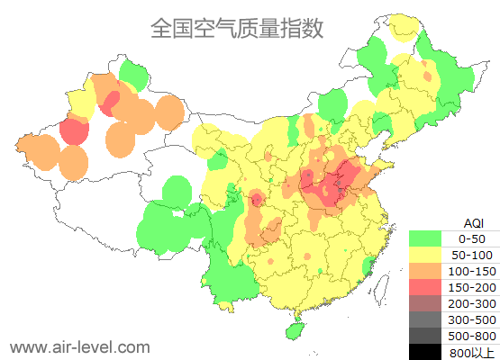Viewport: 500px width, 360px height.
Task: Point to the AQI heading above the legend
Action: tap(473, 222)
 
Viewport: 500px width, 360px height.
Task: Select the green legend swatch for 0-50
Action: tap(424, 238)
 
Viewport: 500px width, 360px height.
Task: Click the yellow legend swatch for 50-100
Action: tap(424, 255)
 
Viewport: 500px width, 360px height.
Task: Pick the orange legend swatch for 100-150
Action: tap(424, 271)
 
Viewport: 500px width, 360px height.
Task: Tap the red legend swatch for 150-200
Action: tap(424, 287)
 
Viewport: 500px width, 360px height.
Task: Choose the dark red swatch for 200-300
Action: tap(424, 303)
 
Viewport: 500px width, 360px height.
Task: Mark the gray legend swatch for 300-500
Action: tap(424, 319)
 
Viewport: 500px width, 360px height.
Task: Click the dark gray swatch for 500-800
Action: tap(424, 336)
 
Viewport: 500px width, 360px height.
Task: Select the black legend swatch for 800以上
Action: tap(424, 351)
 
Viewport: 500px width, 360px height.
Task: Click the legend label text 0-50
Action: tap(472, 238)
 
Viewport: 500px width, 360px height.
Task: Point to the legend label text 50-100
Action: tap(472, 255)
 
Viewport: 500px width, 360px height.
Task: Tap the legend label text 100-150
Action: tap(472, 271)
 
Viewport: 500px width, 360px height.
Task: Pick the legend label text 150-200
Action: tap(472, 287)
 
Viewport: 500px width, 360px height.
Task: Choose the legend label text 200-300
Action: tap(472, 303)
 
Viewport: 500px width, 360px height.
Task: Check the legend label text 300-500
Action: tap(472, 319)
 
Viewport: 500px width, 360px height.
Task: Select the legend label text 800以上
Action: tap(472, 352)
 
